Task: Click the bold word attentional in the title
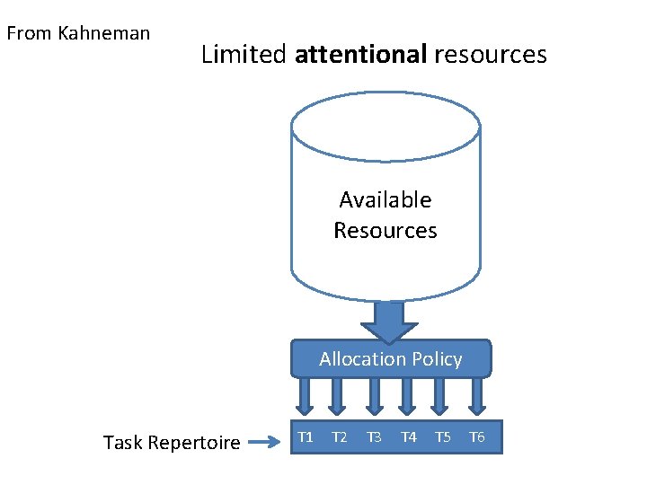coord(360,55)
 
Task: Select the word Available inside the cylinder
coord(386,199)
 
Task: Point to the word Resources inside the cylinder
coord(386,231)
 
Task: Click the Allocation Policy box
coord(391,359)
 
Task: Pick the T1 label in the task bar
coord(306,437)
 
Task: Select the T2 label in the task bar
coord(339,437)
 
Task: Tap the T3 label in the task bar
coord(374,437)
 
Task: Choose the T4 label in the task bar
coord(408,437)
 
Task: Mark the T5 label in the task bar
coord(442,437)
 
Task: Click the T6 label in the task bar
coord(477,437)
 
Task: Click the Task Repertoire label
coord(172,442)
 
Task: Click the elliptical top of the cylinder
coord(386,127)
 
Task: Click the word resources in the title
coord(490,55)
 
